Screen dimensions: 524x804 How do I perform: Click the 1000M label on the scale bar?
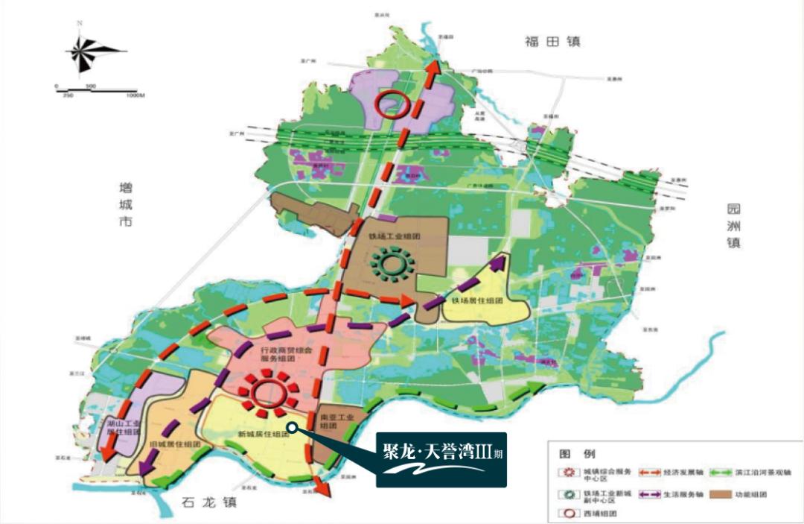coord(135,95)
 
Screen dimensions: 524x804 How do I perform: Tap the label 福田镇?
coord(552,42)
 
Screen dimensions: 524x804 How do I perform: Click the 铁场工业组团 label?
coord(395,236)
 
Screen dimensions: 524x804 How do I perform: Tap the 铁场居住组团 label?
coord(477,301)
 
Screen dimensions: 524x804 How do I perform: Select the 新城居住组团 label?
coord(263,434)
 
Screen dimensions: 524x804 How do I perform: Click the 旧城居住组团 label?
coord(176,444)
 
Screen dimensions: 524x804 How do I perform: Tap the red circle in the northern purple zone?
coord(392,104)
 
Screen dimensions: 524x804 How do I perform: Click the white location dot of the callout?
coord(293,427)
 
